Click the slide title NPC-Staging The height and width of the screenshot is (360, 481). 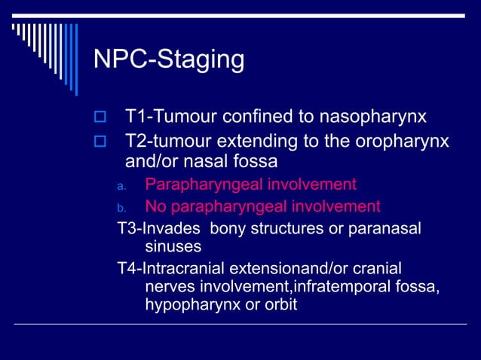click(x=168, y=59)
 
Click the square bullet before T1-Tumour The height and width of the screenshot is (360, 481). click(x=97, y=117)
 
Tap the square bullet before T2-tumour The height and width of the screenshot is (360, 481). click(x=97, y=142)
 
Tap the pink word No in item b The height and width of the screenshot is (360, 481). click(x=155, y=206)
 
